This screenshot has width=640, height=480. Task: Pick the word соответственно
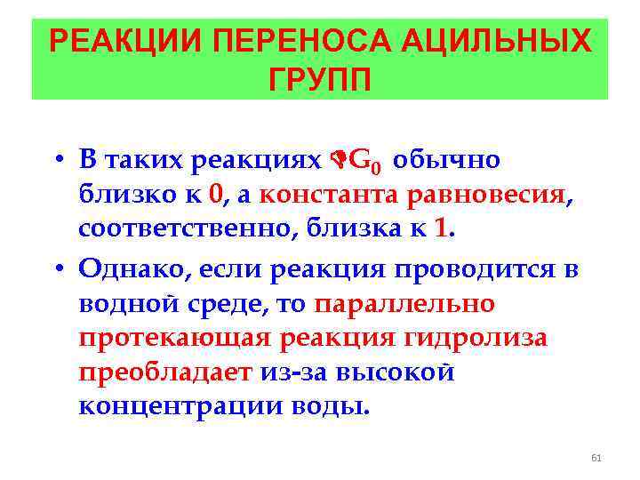tap(186, 228)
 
